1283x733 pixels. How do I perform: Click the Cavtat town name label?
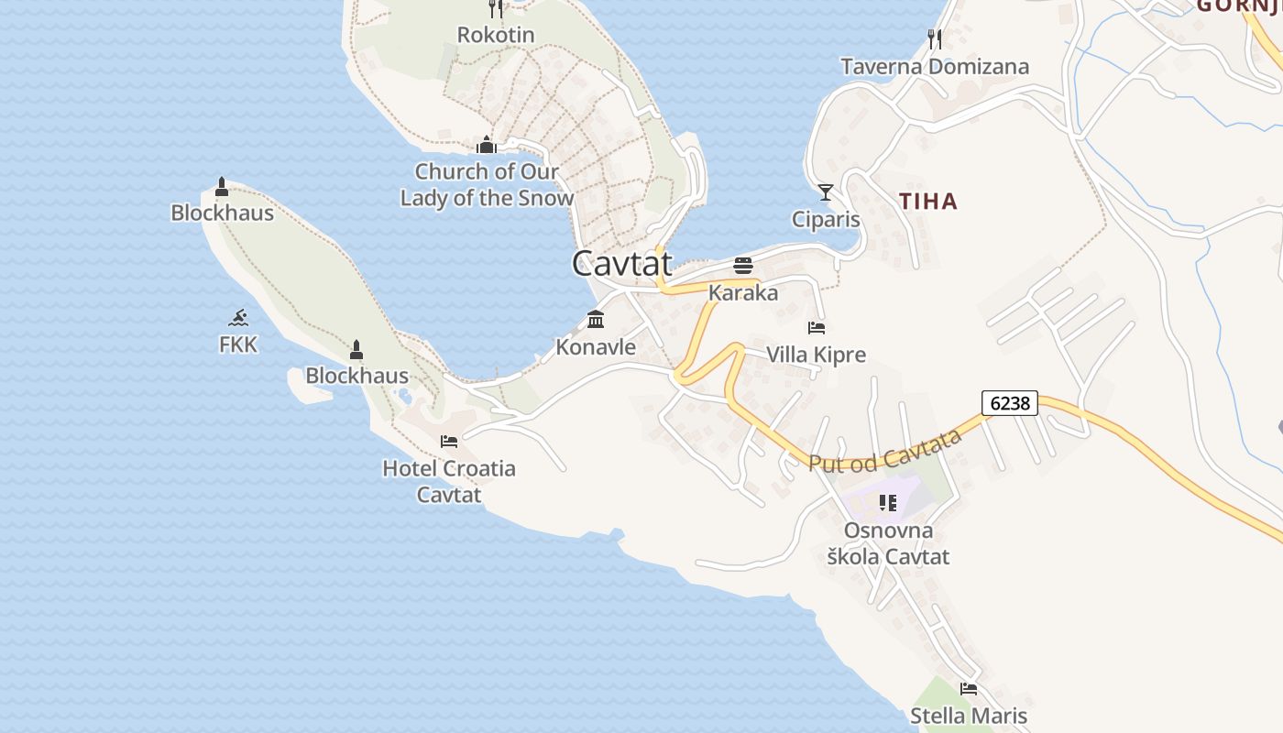pyautogui.click(x=622, y=264)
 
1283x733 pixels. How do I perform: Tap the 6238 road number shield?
pyautogui.click(x=1009, y=402)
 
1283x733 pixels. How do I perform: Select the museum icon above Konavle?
pyautogui.click(x=596, y=320)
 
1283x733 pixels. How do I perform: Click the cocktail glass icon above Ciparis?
pyautogui.click(x=826, y=191)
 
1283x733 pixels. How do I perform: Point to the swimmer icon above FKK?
pyautogui.click(x=238, y=318)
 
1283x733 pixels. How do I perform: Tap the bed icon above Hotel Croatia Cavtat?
pyautogui.click(x=449, y=441)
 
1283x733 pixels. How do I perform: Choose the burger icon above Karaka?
pyautogui.click(x=743, y=266)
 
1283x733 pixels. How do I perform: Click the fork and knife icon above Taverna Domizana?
pyautogui.click(x=934, y=38)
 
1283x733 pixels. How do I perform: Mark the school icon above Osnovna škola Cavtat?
pyautogui.click(x=887, y=502)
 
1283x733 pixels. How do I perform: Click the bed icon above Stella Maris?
pyautogui.click(x=969, y=688)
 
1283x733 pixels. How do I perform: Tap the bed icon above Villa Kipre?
pyautogui.click(x=817, y=327)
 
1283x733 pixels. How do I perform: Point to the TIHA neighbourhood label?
pyautogui.click(x=927, y=202)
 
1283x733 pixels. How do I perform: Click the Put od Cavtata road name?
pyautogui.click(x=885, y=450)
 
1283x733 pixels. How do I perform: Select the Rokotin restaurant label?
pyautogui.click(x=496, y=35)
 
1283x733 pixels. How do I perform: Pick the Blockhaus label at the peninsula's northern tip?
pyautogui.click(x=222, y=213)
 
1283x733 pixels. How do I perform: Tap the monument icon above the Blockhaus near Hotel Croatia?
pyautogui.click(x=356, y=349)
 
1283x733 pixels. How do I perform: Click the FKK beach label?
pyautogui.click(x=238, y=345)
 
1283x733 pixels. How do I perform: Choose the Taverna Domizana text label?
pyautogui.click(x=935, y=66)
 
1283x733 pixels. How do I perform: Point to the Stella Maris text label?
pyautogui.click(x=969, y=716)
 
